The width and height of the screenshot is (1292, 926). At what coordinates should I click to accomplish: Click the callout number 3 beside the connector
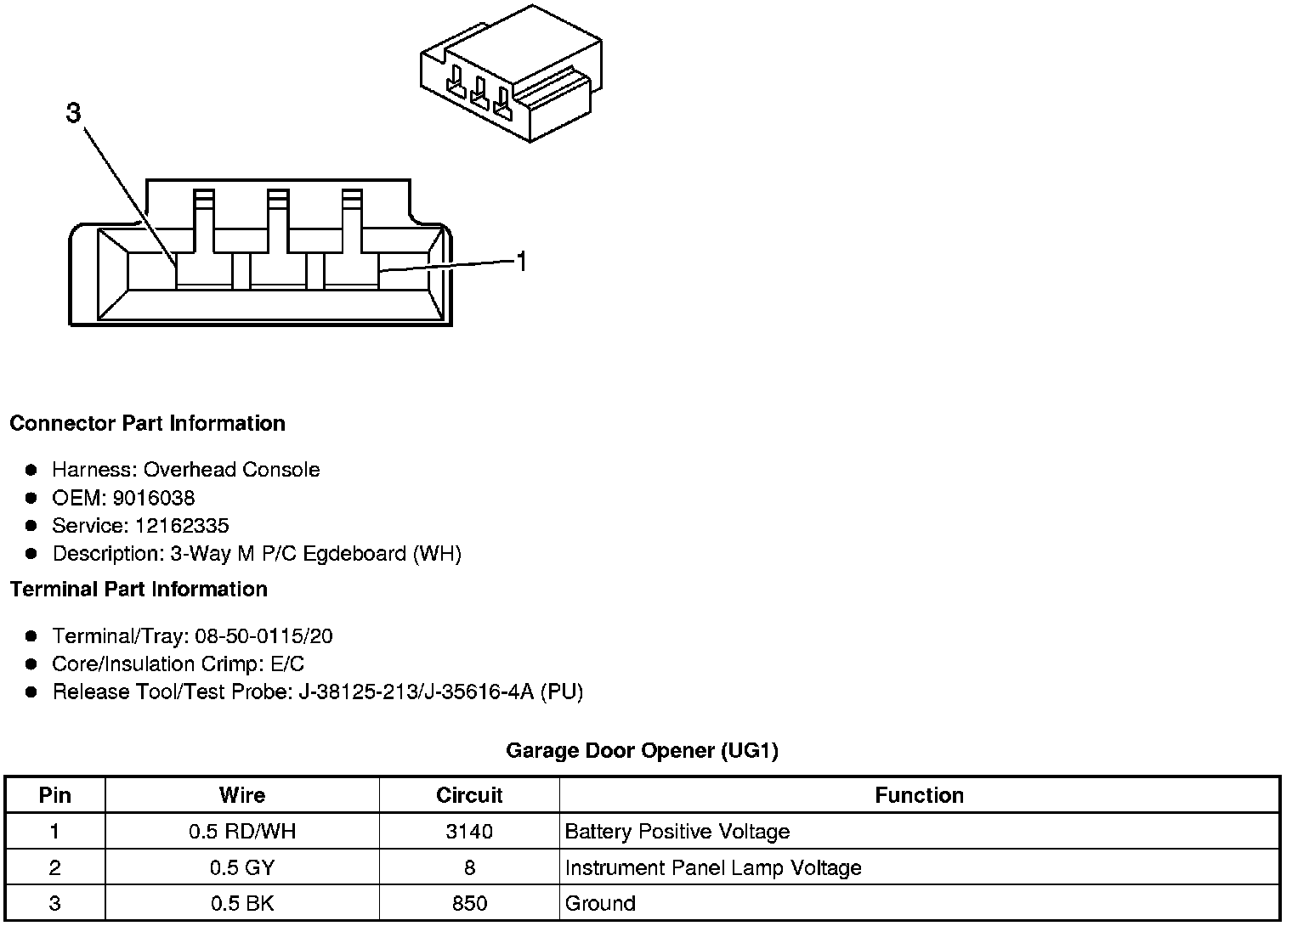pos(74,112)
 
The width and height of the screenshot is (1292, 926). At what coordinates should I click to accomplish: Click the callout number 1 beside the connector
pos(522,262)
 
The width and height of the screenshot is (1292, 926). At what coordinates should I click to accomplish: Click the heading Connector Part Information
pos(147,423)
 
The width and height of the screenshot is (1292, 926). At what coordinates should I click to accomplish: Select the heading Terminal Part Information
pos(139,589)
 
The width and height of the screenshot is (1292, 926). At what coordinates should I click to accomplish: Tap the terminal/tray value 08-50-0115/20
pos(263,636)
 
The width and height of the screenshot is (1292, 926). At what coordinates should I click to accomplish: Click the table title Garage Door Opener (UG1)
pos(642,750)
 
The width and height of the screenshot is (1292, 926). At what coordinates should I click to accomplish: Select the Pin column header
pos(55,795)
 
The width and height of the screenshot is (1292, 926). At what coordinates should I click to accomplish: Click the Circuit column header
pos(469,795)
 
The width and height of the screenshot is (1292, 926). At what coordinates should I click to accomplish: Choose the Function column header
pos(919,795)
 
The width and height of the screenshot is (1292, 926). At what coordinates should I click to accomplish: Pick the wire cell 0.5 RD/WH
pos(242,832)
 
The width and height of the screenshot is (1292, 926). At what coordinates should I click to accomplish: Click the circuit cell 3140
pos(469,832)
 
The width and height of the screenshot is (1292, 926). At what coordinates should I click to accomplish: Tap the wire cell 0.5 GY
pos(242,867)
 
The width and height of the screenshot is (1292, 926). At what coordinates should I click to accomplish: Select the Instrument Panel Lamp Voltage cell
pos(712,867)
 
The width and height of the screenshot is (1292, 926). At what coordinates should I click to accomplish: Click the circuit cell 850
pos(469,904)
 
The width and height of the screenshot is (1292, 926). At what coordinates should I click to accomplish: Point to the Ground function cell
pos(600,904)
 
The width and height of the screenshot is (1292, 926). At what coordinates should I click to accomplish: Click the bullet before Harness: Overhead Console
pos(31,470)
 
